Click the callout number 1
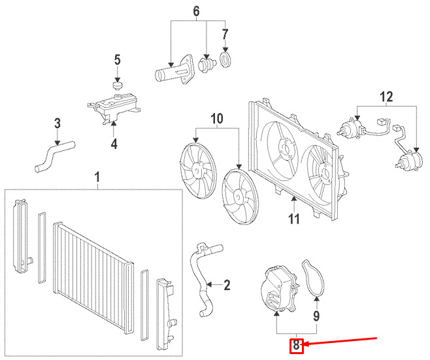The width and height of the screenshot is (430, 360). coord(97,177)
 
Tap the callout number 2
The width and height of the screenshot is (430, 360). coord(227,285)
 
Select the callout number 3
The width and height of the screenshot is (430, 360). coord(57,123)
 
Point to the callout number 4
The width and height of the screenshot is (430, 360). coord(114,143)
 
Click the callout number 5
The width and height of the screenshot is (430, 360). coord(118,61)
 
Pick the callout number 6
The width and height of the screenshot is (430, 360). coord(195,11)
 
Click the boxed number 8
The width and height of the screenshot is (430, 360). coord(297,345)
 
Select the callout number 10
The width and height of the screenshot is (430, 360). coord(217,119)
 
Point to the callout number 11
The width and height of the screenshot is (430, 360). coord(294,218)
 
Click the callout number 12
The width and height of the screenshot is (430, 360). coord(388,98)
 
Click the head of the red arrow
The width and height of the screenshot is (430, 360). coord(305,345)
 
